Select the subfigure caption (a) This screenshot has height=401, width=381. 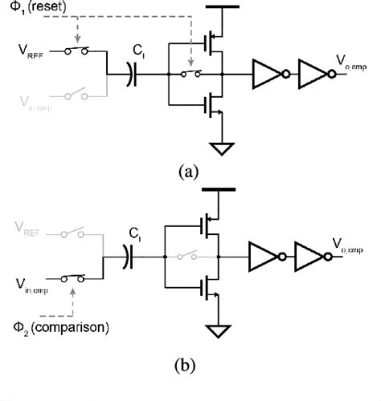pos(190,172)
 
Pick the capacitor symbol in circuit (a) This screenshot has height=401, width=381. pos(130,76)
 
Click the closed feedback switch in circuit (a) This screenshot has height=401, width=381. pos(190,76)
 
